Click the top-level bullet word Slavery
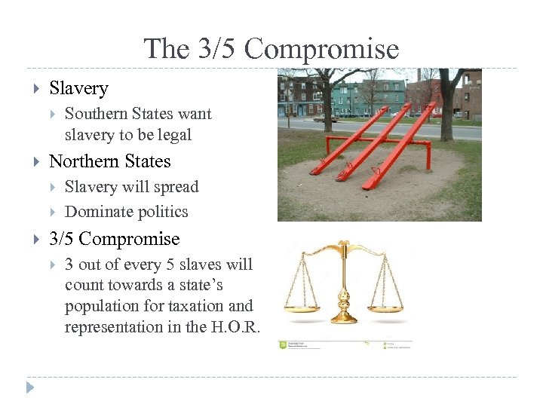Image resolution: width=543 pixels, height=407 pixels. point(78,88)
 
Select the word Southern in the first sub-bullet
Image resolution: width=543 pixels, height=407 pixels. point(94,114)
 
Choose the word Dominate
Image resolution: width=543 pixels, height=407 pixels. point(95,212)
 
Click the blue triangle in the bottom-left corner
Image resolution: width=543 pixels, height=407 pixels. point(30,389)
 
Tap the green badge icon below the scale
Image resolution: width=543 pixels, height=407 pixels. point(283,344)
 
